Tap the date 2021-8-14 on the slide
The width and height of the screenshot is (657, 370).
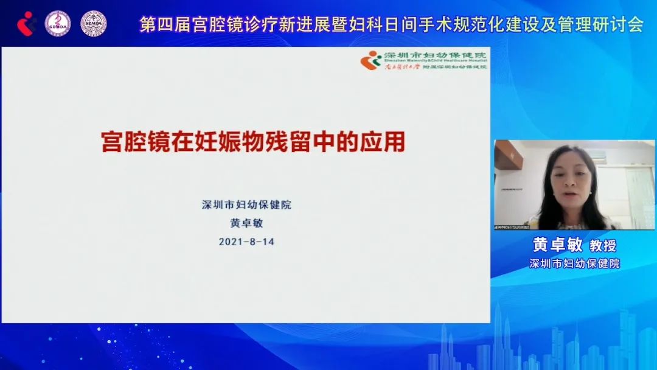(x=246, y=242)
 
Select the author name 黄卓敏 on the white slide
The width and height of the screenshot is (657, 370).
(x=246, y=223)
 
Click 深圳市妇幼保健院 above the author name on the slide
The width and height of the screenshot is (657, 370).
(x=246, y=204)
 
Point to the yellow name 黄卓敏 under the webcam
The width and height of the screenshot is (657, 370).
(x=558, y=245)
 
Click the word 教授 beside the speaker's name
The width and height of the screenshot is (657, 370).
(x=603, y=246)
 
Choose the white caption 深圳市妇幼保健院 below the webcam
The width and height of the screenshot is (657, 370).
(x=574, y=264)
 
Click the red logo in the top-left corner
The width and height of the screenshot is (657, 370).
(x=26, y=23)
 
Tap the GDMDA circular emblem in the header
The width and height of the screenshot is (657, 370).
(x=58, y=23)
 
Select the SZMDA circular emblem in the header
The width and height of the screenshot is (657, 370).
(x=93, y=23)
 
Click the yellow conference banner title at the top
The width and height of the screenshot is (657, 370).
(x=391, y=24)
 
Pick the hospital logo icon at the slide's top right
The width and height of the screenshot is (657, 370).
(x=370, y=60)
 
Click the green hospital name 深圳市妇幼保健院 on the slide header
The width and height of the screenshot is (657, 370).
(x=435, y=55)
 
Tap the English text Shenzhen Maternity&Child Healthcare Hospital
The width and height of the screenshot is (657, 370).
(x=435, y=61)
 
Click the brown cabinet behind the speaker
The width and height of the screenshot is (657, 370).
(x=508, y=157)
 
